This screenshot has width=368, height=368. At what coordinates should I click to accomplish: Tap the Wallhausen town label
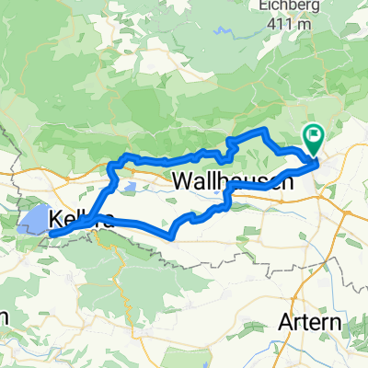233,182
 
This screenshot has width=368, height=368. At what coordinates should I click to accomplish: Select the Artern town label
309,324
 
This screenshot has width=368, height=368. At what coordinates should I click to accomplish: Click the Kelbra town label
83,220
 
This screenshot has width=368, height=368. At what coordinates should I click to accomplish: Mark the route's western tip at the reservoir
52,234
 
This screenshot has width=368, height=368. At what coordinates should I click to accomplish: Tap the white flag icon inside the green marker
314,137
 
